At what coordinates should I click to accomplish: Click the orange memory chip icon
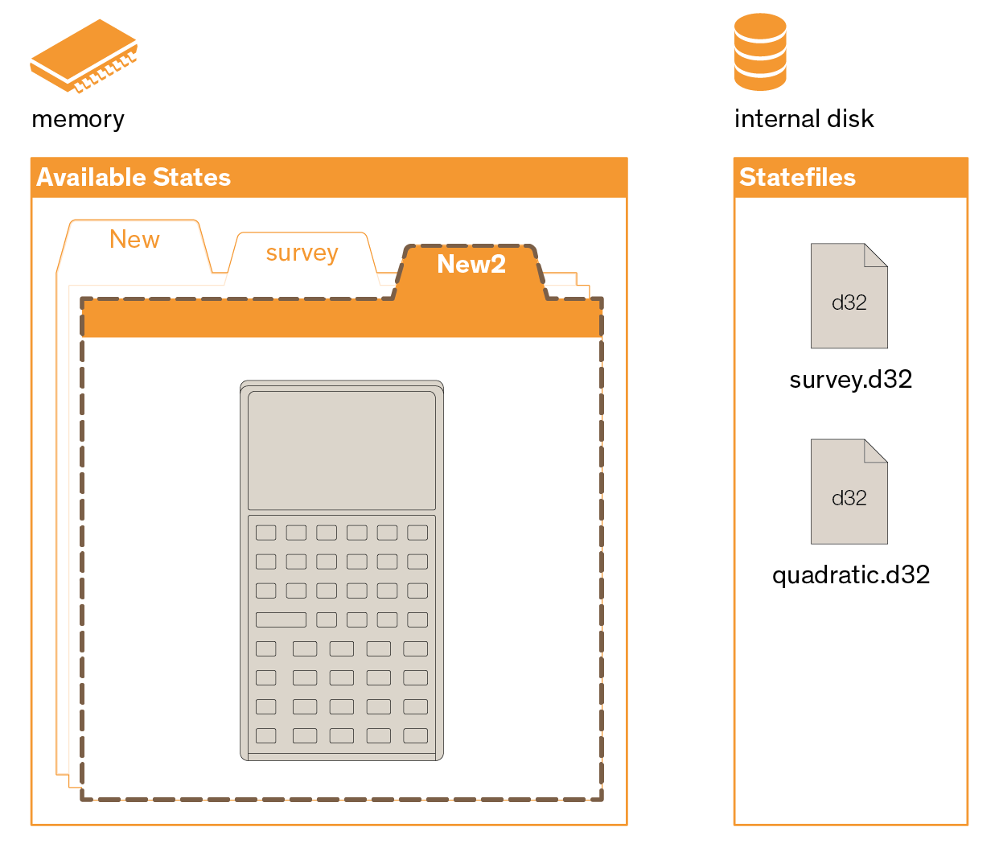(x=84, y=56)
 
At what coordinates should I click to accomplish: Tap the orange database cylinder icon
(x=760, y=51)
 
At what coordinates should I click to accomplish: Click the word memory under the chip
(x=78, y=119)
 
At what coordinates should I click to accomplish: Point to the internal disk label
(x=804, y=118)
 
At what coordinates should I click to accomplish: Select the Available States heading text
(x=134, y=177)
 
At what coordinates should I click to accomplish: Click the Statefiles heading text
(x=797, y=177)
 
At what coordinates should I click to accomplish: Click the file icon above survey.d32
(x=849, y=295)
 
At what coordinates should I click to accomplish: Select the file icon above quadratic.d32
(x=849, y=491)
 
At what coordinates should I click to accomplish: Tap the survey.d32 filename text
(x=851, y=379)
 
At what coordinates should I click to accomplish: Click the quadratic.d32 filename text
(x=851, y=575)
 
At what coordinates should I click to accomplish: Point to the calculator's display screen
(x=341, y=450)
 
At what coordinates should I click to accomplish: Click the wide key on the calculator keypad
(x=281, y=619)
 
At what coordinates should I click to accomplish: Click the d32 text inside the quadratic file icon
(x=849, y=498)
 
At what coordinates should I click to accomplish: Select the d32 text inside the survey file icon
(x=849, y=302)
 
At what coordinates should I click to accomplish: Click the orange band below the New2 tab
(x=341, y=319)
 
